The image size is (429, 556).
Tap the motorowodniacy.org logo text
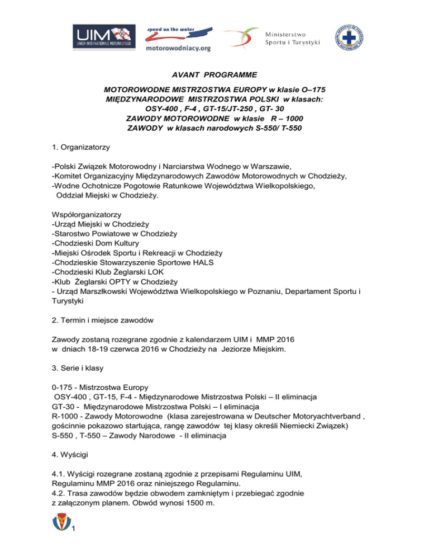[178, 49]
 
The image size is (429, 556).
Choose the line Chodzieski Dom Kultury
[98, 247]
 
